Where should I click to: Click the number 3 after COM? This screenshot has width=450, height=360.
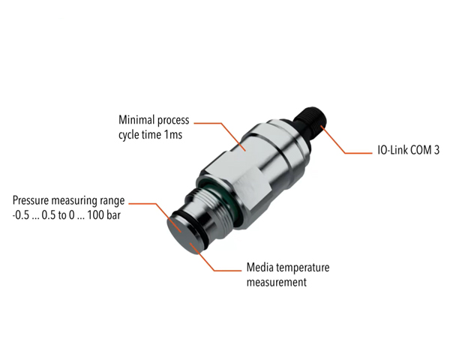(437, 151)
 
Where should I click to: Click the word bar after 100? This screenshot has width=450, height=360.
(117, 216)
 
